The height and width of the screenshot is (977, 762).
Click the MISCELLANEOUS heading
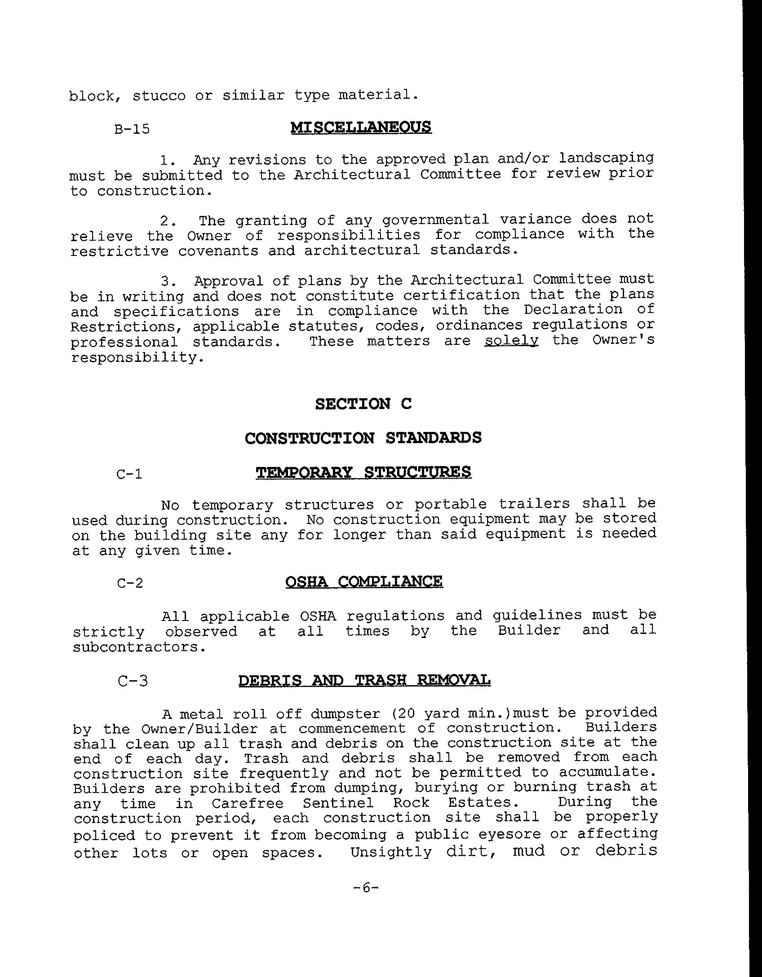point(361,128)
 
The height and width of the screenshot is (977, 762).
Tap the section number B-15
point(132,130)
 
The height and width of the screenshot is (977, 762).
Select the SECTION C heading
point(363,404)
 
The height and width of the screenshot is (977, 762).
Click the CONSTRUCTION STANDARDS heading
point(363,438)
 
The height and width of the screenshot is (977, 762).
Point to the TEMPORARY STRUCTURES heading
point(363,472)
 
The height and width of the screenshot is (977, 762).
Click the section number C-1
point(129,474)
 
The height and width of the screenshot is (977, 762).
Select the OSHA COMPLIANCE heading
point(364,582)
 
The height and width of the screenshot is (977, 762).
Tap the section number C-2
point(130,584)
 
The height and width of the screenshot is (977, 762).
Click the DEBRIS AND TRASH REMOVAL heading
point(364,680)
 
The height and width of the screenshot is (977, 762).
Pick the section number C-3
point(133,682)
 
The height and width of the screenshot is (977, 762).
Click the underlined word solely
point(511,341)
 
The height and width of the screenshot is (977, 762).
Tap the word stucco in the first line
point(159,96)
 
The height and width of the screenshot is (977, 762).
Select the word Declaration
point(573,310)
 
